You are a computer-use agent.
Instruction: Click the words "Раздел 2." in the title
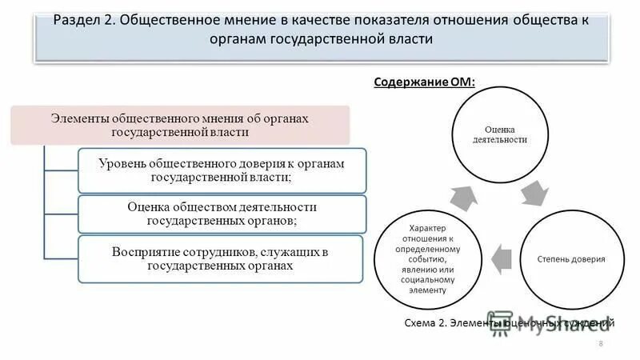tap(84, 22)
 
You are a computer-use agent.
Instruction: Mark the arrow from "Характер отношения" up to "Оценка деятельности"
tap(465, 195)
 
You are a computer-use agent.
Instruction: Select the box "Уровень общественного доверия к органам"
tap(222, 170)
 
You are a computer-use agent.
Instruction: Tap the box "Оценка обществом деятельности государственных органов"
tap(222, 214)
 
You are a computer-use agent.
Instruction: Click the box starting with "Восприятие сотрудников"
tap(220, 258)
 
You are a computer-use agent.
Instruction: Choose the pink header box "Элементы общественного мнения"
tap(179, 124)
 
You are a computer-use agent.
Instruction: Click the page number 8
tap(600, 343)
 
